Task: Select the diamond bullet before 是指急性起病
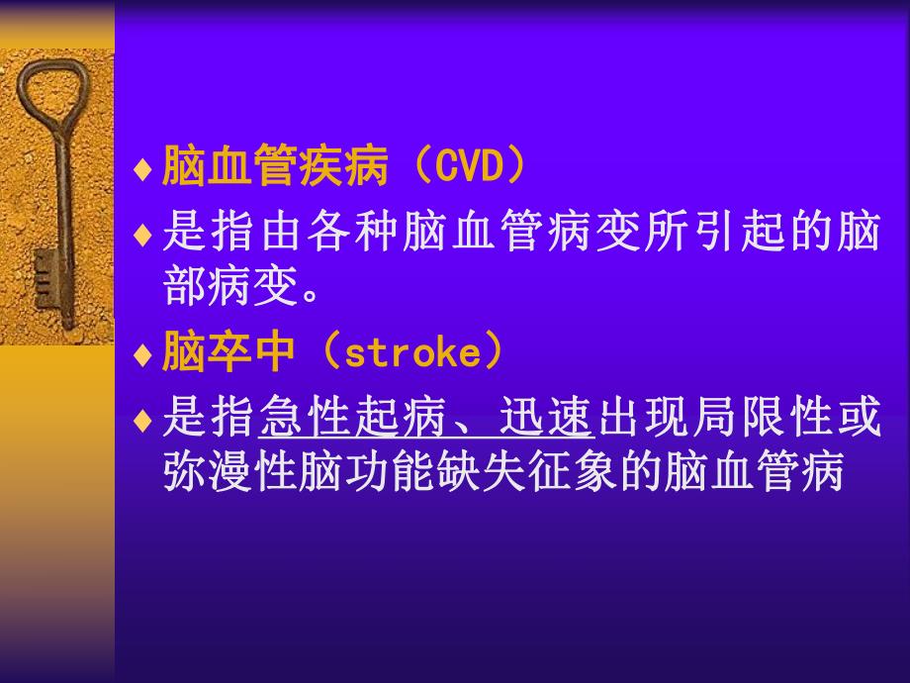pos(142,420)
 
